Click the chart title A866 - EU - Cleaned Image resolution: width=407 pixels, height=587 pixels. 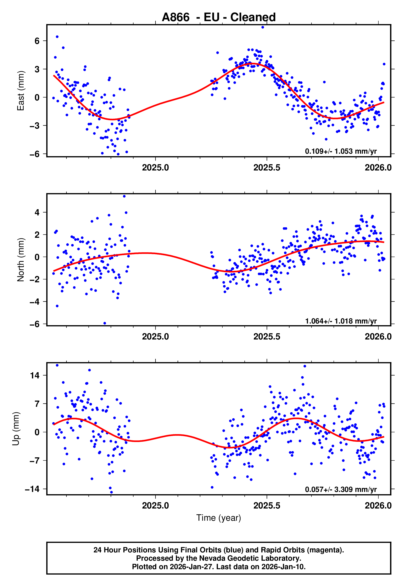(x=219, y=17)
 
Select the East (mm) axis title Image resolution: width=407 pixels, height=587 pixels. (x=21, y=91)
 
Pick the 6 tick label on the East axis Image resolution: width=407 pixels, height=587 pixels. (x=37, y=41)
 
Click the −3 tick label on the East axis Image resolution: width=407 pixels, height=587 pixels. (x=35, y=126)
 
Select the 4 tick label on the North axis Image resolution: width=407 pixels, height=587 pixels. (x=37, y=212)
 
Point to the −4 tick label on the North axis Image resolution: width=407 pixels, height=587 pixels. (x=35, y=302)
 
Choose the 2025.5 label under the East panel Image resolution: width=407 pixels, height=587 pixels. (x=267, y=168)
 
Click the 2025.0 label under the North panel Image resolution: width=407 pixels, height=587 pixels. (x=155, y=337)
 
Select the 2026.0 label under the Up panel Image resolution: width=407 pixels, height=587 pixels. (x=378, y=505)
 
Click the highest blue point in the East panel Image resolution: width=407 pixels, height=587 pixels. (x=263, y=27)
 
